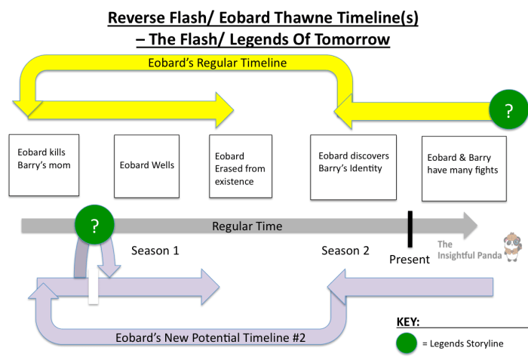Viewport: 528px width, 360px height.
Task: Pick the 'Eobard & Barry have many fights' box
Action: click(x=463, y=168)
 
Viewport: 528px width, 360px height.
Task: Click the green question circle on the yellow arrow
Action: click(x=508, y=111)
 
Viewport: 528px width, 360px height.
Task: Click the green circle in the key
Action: click(x=406, y=343)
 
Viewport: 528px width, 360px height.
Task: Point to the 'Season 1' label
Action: click(x=155, y=251)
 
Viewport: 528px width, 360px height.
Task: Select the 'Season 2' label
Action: click(x=345, y=251)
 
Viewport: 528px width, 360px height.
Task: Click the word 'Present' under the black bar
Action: click(x=409, y=259)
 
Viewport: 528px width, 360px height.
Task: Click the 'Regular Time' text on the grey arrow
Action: click(x=247, y=226)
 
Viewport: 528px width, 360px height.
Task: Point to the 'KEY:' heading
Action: click(x=408, y=322)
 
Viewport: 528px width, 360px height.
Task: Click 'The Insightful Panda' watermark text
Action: click(x=467, y=250)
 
